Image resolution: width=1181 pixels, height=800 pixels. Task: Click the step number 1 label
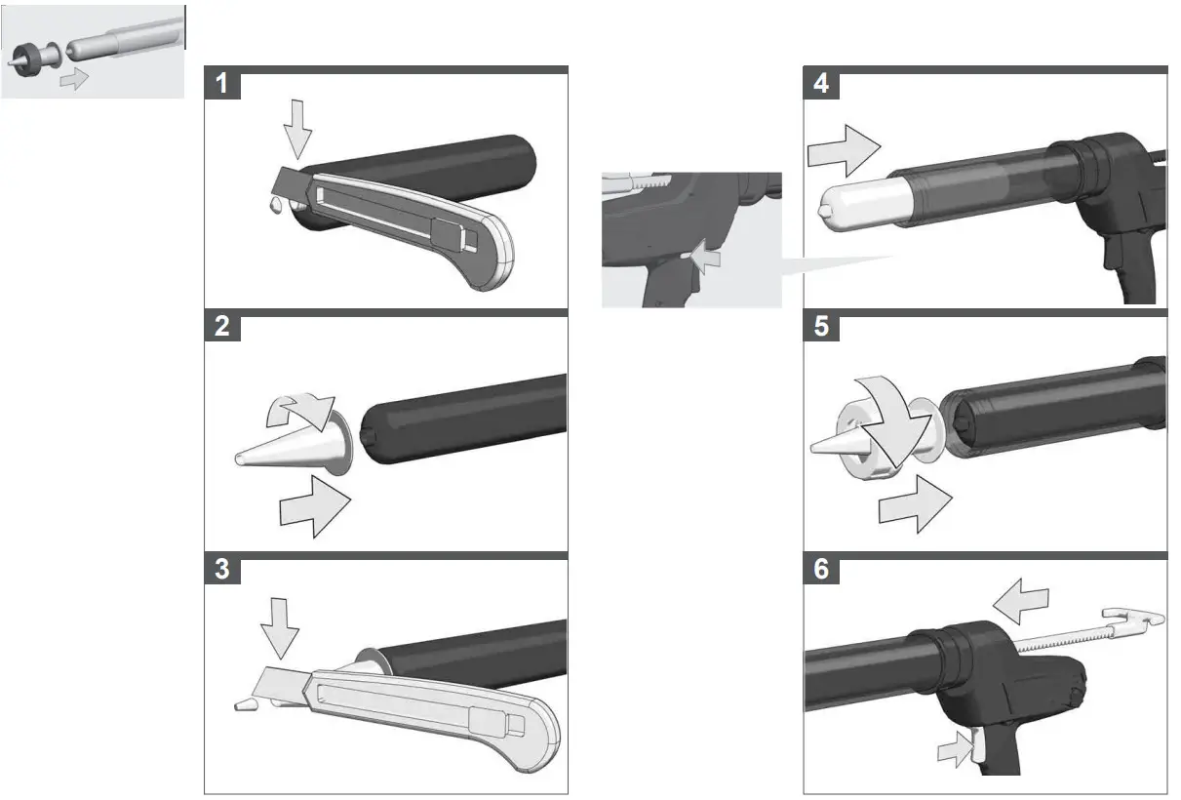point(222,84)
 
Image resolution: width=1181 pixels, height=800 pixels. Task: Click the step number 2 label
point(222,326)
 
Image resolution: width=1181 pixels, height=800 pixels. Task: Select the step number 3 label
point(222,569)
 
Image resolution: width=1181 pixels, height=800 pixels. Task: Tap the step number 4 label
point(821,84)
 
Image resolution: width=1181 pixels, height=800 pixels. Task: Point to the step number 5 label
point(821,326)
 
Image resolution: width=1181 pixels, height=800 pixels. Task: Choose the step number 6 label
point(821,569)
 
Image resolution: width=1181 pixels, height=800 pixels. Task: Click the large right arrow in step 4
point(844,149)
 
